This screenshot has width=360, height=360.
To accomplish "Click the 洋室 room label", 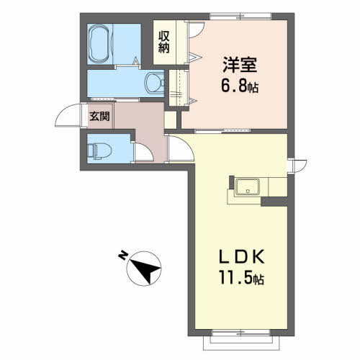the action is [x=240, y=65].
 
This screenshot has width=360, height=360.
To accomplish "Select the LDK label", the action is [x=241, y=257].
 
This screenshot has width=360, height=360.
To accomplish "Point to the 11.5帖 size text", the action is [x=241, y=277].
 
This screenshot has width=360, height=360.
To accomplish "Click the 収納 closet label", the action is [x=164, y=42].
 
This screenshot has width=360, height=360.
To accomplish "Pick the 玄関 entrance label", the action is [x=99, y=117].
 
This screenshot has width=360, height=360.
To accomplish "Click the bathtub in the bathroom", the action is [x=99, y=44].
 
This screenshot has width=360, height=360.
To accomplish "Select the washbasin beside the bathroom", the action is [x=155, y=83].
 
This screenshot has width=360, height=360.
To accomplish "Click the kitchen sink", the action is [x=248, y=187].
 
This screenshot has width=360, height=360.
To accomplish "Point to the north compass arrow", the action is [x=145, y=269].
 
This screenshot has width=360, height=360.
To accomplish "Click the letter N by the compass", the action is [x=123, y=255].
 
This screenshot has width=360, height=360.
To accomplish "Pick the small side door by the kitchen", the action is [x=297, y=166].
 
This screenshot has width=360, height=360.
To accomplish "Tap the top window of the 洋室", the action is [x=240, y=16].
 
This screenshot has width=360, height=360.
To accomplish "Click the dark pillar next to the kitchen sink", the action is [x=231, y=182].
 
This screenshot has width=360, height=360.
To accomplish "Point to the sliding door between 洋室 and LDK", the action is [x=222, y=131].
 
